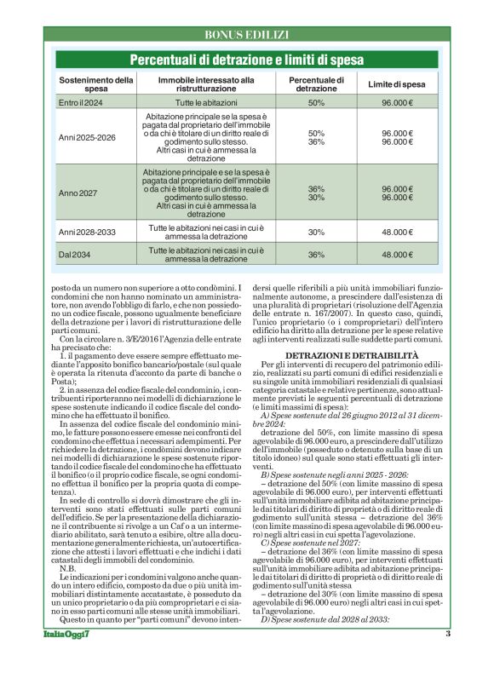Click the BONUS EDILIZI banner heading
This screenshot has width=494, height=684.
click(247, 35)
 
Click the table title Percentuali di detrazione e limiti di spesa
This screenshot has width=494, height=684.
click(247, 60)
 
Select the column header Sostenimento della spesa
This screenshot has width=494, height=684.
click(95, 84)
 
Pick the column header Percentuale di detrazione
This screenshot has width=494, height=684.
click(316, 84)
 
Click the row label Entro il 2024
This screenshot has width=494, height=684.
click(80, 103)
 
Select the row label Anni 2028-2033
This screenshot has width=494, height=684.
click(87, 232)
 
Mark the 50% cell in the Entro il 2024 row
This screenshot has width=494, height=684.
click(316, 103)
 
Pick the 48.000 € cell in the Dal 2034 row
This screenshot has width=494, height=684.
click(397, 255)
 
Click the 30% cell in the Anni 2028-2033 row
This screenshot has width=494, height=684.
click(316, 232)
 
